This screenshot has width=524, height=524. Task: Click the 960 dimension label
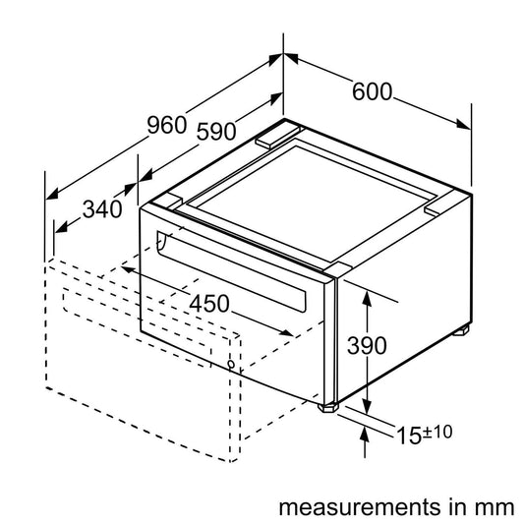[x=167, y=125]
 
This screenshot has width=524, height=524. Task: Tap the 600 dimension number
[x=373, y=91]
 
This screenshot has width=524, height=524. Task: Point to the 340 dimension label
[x=102, y=208]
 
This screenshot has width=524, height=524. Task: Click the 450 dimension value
[x=209, y=304]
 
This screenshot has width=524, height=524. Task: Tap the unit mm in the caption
[x=495, y=508]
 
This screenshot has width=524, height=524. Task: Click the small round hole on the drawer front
[x=230, y=365]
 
